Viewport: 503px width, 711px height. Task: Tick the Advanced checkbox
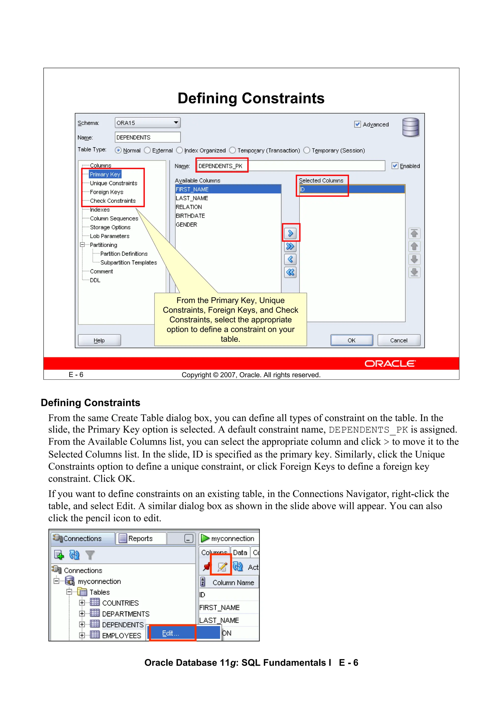(357, 124)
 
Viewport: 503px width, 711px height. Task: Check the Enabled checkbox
(395, 166)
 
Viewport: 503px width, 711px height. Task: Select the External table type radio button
(148, 150)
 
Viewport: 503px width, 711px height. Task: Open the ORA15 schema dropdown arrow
(176, 123)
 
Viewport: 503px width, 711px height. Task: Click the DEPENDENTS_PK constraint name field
(221, 166)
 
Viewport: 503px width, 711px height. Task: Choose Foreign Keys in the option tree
(107, 192)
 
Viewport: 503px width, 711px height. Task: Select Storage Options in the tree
(110, 227)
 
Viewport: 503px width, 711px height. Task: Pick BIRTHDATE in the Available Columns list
(190, 216)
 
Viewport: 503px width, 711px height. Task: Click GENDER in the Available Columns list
(186, 225)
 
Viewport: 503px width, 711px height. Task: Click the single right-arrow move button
(290, 233)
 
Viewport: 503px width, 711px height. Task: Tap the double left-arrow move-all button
(290, 272)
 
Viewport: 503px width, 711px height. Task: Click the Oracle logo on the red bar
(390, 363)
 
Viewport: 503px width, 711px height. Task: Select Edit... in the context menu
(170, 633)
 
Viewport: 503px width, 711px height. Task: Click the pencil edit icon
(222, 566)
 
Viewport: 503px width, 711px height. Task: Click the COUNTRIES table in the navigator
(120, 603)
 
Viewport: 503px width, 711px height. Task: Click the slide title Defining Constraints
(251, 98)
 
